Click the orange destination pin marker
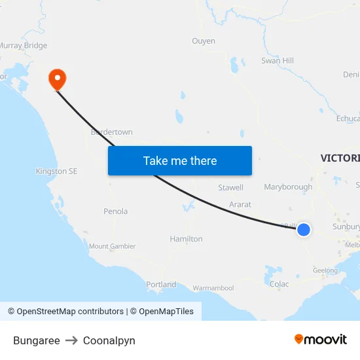click(58, 79)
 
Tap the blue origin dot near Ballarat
click(303, 230)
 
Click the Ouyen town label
click(204, 41)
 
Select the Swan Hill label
click(277, 61)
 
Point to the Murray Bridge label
click(24, 46)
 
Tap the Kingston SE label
click(56, 171)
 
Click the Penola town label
click(115, 211)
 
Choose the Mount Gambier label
click(112, 246)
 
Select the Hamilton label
click(186, 239)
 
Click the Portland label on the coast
click(161, 285)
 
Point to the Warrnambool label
click(213, 288)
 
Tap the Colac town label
click(279, 284)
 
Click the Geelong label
click(325, 270)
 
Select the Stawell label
click(230, 188)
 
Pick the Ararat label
click(240, 205)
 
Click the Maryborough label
click(288, 187)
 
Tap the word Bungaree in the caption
click(37, 340)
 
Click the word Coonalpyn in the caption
click(109, 340)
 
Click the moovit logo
click(321, 339)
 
